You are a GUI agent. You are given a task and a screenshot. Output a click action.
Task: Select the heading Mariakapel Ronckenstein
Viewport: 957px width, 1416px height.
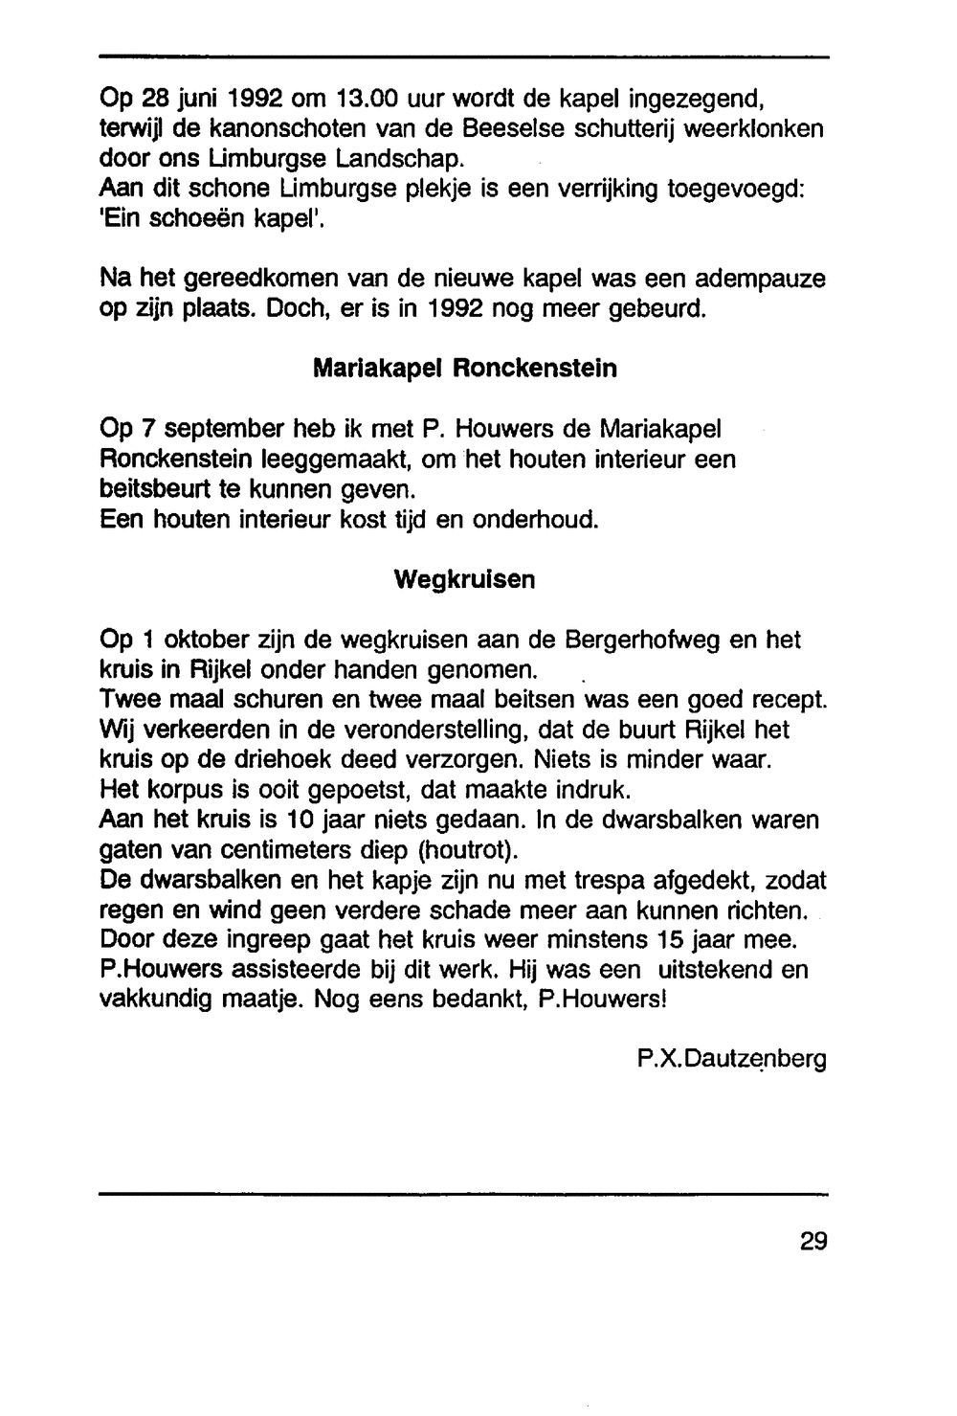pyautogui.click(x=465, y=369)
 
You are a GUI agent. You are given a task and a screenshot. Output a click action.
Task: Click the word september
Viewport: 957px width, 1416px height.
pyautogui.click(x=203, y=429)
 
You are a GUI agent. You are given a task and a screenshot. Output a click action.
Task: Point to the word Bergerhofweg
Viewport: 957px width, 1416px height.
pyautogui.click(x=643, y=640)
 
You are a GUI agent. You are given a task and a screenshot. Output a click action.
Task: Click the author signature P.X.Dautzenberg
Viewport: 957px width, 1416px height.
pyautogui.click(x=731, y=1060)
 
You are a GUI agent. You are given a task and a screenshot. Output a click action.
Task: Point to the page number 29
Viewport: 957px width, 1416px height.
pyautogui.click(x=812, y=1242)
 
